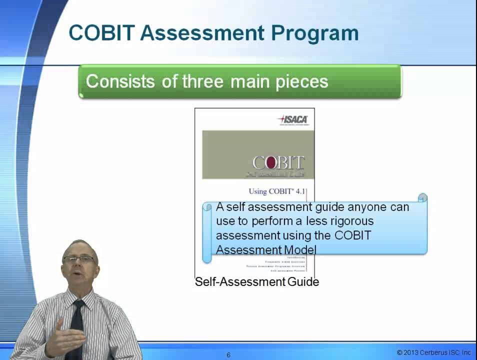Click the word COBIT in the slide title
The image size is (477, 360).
pos(101,33)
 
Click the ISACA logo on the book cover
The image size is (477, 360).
pos(293,119)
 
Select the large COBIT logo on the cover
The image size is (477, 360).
pos(278,163)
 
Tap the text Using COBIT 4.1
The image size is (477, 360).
pos(276,191)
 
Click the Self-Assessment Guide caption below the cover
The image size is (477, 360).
pos(256,282)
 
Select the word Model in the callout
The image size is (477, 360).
pos(300,249)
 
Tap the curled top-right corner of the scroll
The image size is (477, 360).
pos(422,198)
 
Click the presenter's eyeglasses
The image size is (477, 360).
pos(79,259)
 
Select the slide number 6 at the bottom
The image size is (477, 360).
pos(228,355)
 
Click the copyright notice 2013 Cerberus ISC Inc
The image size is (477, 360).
pos(433,352)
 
